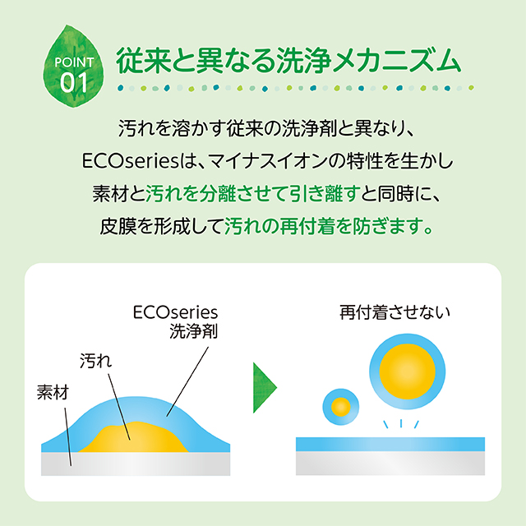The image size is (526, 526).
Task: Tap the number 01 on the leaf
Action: pos(74,82)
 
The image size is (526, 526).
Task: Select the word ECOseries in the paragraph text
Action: pos(131,161)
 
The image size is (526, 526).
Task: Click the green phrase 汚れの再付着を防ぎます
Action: pos(324,226)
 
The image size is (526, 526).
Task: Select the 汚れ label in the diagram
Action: pos(95,361)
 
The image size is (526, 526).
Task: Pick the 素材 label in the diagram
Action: pos(53,392)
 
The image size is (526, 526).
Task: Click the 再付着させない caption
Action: pos(394,312)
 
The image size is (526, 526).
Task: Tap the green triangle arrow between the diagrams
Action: pos(265,387)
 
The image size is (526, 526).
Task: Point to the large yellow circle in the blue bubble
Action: pos(408,371)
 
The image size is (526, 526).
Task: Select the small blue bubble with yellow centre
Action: pos(341,407)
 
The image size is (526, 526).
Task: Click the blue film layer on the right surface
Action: pos(390,444)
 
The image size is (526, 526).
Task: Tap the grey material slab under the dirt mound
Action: pos(136,464)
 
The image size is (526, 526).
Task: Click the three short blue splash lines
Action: pos(401,424)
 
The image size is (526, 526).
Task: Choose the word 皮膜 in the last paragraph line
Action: pos(118,226)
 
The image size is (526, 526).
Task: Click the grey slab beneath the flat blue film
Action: pos(390,463)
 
